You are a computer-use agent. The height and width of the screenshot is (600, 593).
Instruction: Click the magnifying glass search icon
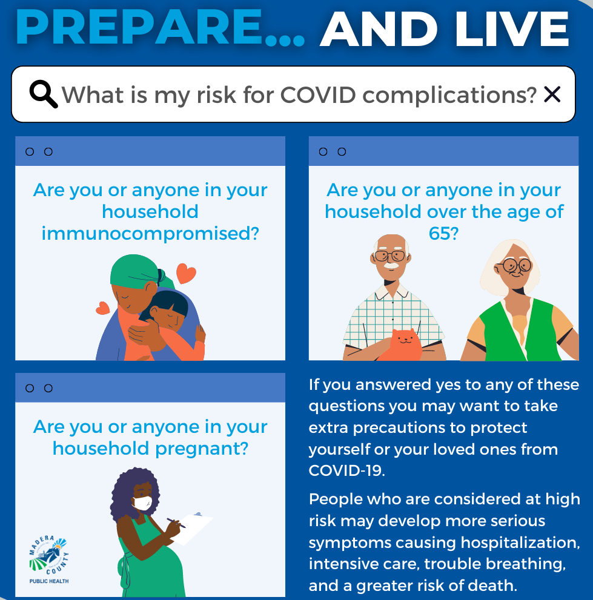pos(43,94)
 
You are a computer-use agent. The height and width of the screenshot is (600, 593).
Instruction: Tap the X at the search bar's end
pos(552,94)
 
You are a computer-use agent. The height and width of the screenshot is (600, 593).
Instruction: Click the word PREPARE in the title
pos(139,28)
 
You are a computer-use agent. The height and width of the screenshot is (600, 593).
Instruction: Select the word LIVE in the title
pos(512,29)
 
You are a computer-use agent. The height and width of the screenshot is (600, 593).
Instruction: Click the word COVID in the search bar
pos(318,94)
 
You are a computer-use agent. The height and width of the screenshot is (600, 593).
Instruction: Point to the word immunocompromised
pos(150,234)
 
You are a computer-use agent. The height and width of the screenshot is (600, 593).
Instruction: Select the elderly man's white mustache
pos(391,265)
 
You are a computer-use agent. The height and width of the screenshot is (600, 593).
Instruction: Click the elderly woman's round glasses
pos(515,265)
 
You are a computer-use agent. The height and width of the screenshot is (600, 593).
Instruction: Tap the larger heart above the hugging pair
pos(186,273)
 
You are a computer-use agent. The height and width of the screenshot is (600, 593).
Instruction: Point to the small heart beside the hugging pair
pos(102,308)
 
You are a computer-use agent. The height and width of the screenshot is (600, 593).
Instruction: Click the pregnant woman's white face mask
pos(143,503)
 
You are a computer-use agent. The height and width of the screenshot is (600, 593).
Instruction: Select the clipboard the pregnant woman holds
pos(193,528)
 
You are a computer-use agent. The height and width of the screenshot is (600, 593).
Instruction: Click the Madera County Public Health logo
pos(49,559)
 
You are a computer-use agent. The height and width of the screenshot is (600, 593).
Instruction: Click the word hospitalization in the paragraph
pos(520,543)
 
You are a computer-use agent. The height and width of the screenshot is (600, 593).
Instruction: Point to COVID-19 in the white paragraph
pos(346,470)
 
